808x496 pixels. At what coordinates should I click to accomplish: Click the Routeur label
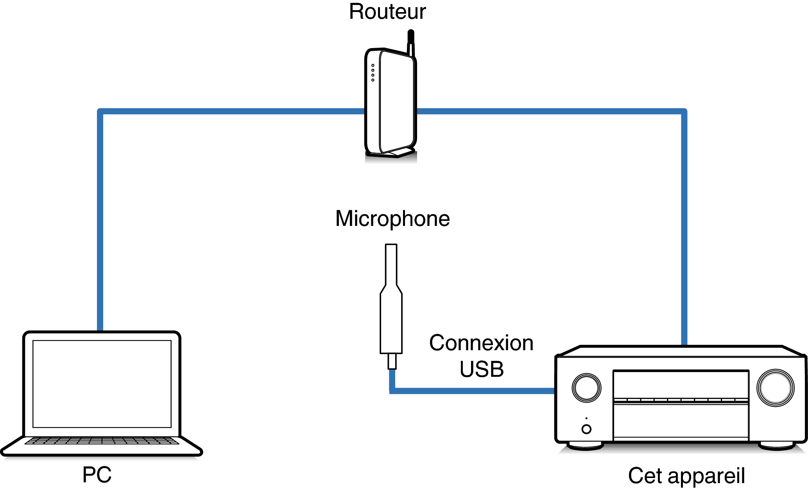pyautogui.click(x=387, y=12)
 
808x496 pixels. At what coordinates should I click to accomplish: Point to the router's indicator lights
pyautogui.click(x=373, y=73)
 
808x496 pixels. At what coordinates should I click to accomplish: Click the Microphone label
pyautogui.click(x=392, y=219)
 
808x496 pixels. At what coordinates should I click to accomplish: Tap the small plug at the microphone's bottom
pyautogui.click(x=392, y=361)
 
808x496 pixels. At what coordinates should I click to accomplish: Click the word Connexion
pyautogui.click(x=481, y=343)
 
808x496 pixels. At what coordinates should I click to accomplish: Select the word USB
pyautogui.click(x=482, y=369)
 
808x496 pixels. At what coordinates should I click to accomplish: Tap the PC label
pyautogui.click(x=97, y=475)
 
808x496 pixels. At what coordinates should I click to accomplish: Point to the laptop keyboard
pyautogui.click(x=102, y=441)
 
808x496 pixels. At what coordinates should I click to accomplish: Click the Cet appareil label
pyautogui.click(x=686, y=476)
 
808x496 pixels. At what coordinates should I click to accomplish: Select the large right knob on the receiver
pyautogui.click(x=776, y=388)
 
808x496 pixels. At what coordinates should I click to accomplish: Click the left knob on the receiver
pyautogui.click(x=586, y=388)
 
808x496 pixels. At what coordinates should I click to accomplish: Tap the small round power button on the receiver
pyautogui.click(x=586, y=429)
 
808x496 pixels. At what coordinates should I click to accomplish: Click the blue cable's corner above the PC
pyautogui.click(x=100, y=112)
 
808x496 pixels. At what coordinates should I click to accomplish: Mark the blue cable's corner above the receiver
pyautogui.click(x=684, y=112)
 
